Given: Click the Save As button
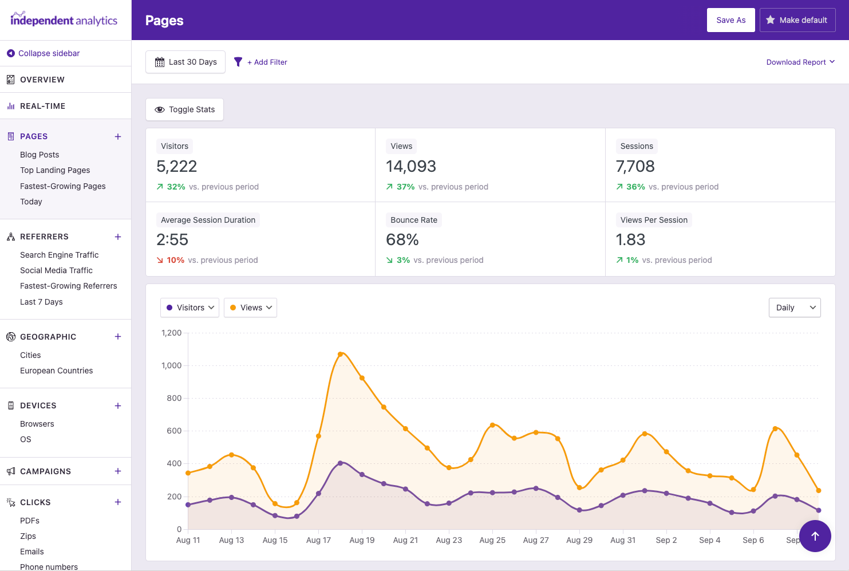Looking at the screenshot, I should (730, 20).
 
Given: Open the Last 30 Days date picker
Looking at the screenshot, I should (185, 62).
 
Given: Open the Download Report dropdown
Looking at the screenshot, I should (800, 62).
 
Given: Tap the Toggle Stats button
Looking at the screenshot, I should (184, 109).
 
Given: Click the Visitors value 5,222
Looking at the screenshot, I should (177, 167).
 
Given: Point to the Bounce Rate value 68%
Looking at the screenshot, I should (402, 240).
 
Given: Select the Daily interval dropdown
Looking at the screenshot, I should (794, 308).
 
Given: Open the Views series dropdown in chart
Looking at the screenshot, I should (251, 308).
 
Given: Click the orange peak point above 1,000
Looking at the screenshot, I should (341, 355).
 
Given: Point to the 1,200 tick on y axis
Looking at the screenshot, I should (172, 333).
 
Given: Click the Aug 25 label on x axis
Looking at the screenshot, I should (492, 540).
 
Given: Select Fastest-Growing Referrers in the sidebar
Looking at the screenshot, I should (68, 286).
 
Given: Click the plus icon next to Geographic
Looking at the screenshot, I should (118, 337).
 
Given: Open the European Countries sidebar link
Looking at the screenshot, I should (56, 371).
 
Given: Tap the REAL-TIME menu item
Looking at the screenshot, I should (42, 106).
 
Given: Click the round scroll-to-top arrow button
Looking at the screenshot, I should (815, 536).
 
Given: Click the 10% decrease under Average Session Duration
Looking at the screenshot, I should (175, 260).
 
